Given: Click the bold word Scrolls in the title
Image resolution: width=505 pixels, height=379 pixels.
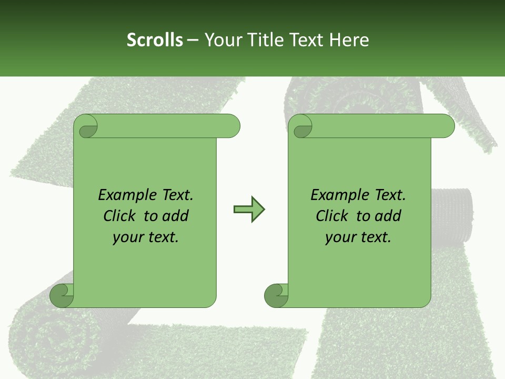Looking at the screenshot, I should pyautogui.click(x=155, y=40).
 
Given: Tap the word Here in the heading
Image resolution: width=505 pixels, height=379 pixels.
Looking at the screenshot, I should pyautogui.click(x=349, y=40).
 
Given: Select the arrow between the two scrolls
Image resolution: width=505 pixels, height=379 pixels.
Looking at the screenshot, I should pyautogui.click(x=249, y=210).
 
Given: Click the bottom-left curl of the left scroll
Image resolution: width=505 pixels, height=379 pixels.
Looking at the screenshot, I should pyautogui.click(x=62, y=295).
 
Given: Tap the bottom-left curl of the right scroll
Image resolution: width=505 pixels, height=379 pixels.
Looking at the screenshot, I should pyautogui.click(x=276, y=295).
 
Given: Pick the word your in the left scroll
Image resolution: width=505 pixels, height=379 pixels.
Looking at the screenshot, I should pyautogui.click(x=127, y=237).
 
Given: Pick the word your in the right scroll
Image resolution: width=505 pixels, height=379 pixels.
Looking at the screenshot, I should pyautogui.click(x=339, y=237).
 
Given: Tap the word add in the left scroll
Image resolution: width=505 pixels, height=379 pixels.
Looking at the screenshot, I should pyautogui.click(x=176, y=216).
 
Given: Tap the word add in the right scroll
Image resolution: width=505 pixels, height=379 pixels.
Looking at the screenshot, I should pyautogui.click(x=388, y=216).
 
